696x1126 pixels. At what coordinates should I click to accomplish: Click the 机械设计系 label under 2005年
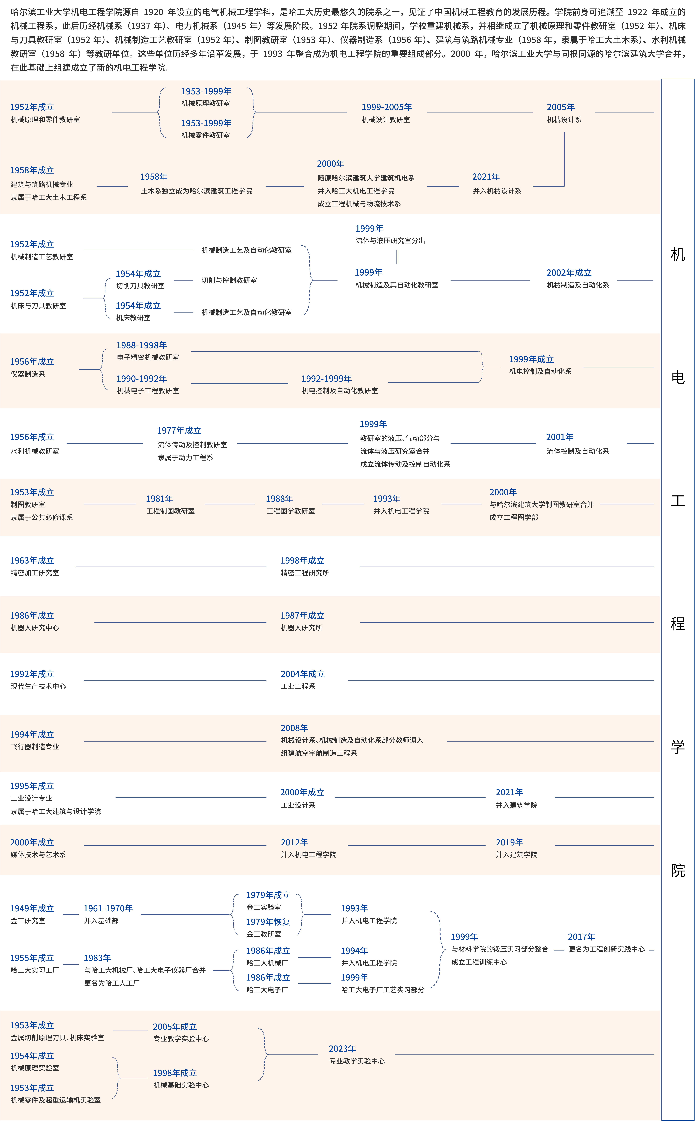tap(564, 120)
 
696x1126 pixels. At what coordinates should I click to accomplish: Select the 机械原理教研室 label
tap(205, 104)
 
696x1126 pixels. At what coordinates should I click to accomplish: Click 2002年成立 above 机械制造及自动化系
tap(569, 273)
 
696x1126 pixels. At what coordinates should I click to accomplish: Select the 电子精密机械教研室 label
tap(148, 357)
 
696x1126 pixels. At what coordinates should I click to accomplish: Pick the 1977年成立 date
tap(179, 431)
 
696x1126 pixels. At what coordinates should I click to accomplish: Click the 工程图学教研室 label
tap(290, 511)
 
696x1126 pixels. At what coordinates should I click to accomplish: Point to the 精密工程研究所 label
tap(305, 573)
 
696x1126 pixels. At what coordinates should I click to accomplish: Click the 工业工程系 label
tap(298, 686)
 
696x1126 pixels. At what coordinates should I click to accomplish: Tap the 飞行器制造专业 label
tap(34, 747)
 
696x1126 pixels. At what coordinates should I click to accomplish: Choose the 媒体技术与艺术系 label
tap(38, 855)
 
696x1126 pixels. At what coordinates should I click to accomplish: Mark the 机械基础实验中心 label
tap(181, 1085)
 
